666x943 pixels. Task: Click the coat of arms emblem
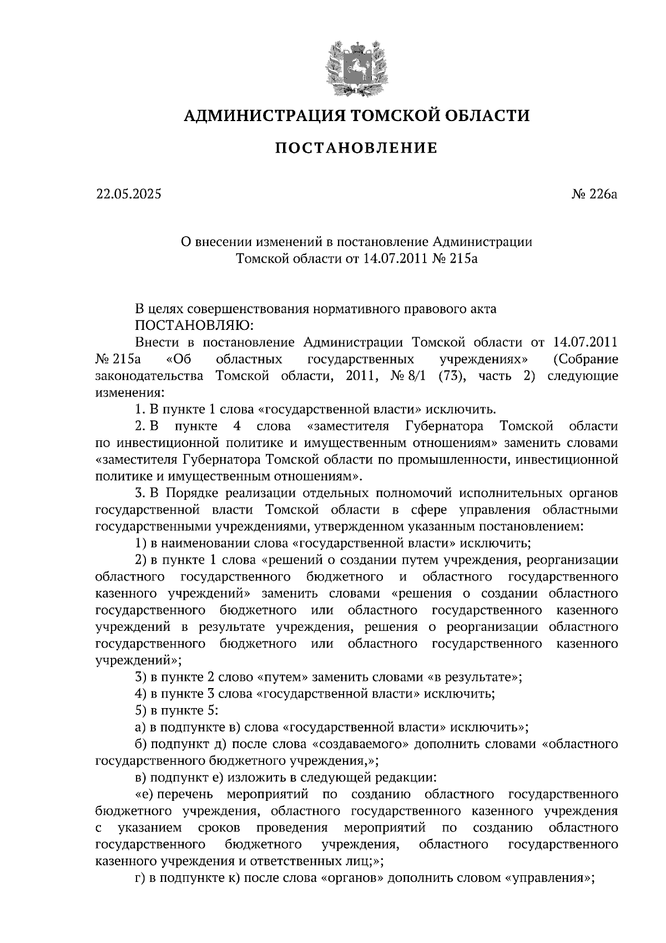356,65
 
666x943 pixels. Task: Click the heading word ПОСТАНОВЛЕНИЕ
357,148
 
